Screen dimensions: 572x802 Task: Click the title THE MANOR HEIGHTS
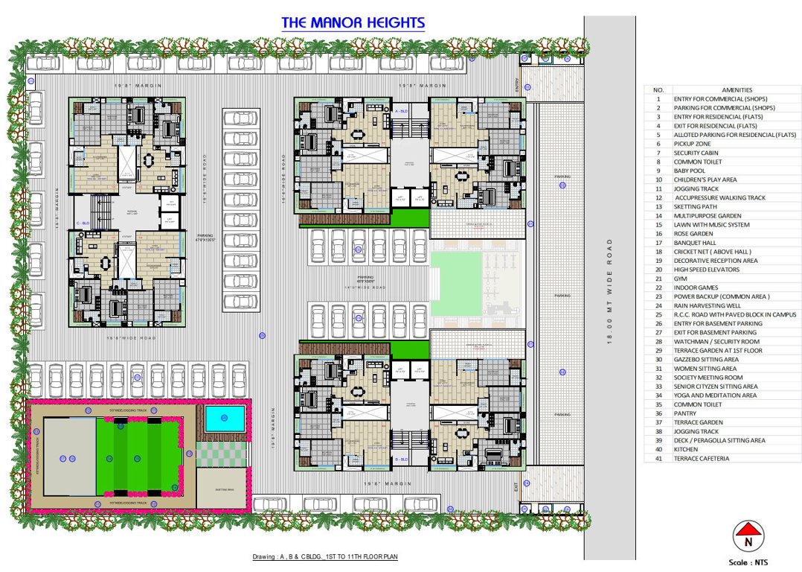pyautogui.click(x=353, y=23)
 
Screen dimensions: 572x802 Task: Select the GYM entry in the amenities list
pyautogui.click(x=680, y=279)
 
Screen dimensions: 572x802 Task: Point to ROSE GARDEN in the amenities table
pyautogui.click(x=693, y=233)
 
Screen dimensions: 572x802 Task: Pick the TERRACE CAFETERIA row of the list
pyautogui.click(x=702, y=458)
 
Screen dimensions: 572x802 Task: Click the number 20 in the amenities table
pyautogui.click(x=658, y=270)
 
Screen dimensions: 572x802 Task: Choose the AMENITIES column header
pyautogui.click(x=737, y=89)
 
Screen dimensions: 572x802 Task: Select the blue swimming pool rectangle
pyautogui.click(x=224, y=419)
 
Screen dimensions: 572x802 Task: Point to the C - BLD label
pyautogui.click(x=83, y=223)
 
